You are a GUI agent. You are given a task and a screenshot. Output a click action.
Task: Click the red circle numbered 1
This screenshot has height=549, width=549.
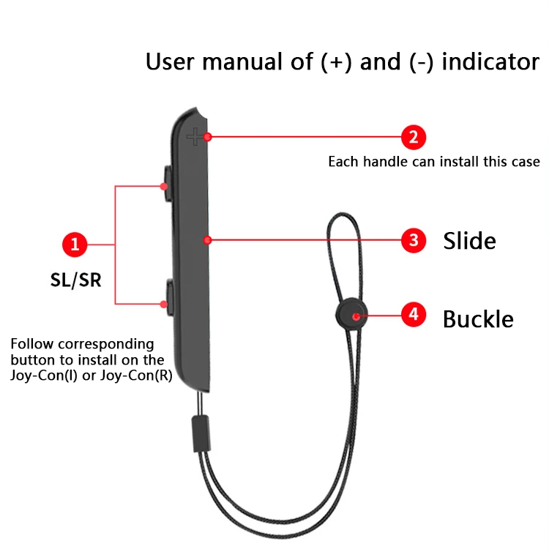[x=75, y=244]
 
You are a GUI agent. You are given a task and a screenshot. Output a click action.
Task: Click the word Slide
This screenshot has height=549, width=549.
[x=469, y=240]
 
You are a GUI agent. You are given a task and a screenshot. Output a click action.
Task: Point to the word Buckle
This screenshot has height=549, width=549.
[x=478, y=319]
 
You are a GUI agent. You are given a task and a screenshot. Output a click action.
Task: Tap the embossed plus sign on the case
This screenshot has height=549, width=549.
[x=194, y=135]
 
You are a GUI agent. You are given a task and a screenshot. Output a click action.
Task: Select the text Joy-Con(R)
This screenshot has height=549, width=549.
[x=143, y=376]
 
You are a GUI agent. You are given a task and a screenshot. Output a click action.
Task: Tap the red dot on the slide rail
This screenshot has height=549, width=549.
[x=209, y=239]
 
